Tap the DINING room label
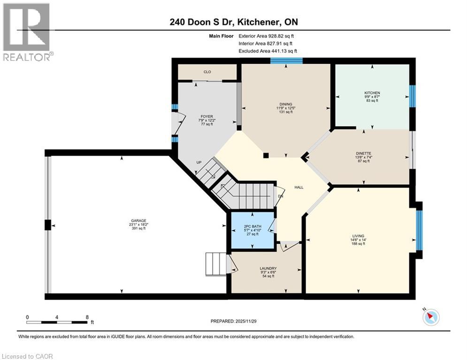(x=285, y=104)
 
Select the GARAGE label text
(x=139, y=221)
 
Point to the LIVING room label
(x=358, y=236)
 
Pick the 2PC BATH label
(x=252, y=226)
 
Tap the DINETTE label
(x=363, y=152)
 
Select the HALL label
(x=299, y=187)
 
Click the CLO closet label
(x=207, y=72)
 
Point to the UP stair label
(x=199, y=163)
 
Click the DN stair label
(x=280, y=196)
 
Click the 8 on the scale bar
(x=87, y=317)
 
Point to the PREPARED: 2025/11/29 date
(x=239, y=321)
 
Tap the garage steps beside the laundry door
(x=216, y=263)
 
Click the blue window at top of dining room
(x=286, y=60)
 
